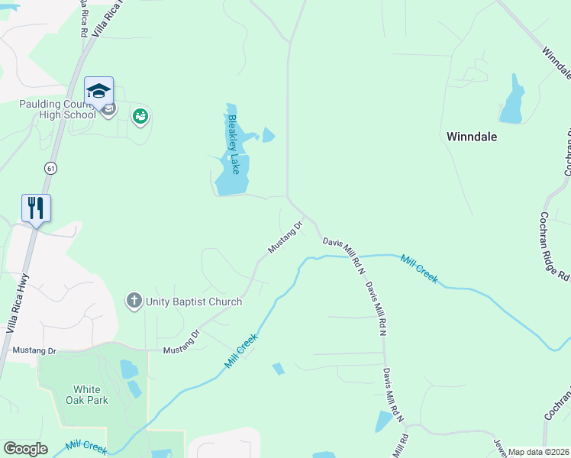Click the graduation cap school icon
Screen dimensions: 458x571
pos(98,92)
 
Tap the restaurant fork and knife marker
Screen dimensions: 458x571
pos(36,208)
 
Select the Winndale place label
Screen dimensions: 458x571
pos(471,137)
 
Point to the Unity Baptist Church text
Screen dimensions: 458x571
pos(193,302)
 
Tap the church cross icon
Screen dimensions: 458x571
pos(134,300)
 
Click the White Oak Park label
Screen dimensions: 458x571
pos(91,394)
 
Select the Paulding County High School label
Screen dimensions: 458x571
pos(58,110)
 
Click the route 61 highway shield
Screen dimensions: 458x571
pos(50,168)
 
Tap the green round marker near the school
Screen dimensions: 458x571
pos(140,117)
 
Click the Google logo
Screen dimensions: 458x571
pos(25,449)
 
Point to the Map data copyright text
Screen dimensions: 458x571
pos(538,452)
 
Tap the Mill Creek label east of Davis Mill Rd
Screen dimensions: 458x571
pos(419,268)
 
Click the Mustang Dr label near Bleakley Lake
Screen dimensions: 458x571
pos(285,237)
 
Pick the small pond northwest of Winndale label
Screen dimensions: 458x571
pos(512,100)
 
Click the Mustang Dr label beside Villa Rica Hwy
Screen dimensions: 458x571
pos(35,350)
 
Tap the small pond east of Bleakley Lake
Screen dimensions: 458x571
pos(268,136)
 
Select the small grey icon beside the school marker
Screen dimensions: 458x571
pos(109,110)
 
